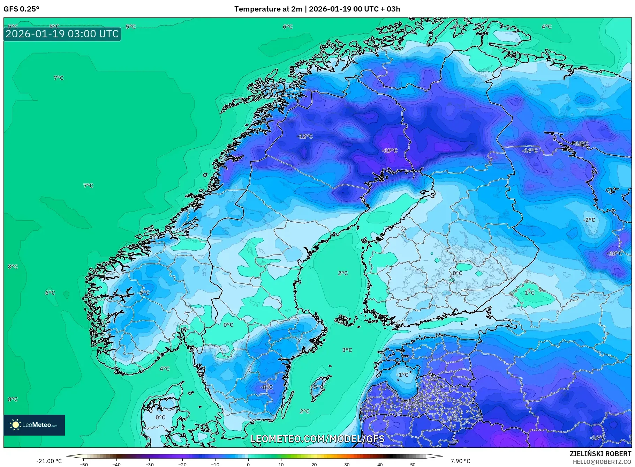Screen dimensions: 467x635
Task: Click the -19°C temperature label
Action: tap(390, 150)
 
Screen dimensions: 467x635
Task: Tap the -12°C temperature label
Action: tap(305, 136)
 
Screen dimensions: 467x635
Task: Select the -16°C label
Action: tap(597, 438)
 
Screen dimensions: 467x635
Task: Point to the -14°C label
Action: tap(529, 150)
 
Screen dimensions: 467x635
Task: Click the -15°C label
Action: tap(580, 143)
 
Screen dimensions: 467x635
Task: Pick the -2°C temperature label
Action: tap(589, 220)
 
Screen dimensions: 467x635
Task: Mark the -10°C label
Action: tap(614, 253)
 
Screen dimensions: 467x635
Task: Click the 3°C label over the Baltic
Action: tap(347, 350)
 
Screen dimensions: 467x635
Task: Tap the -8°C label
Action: tap(266, 387)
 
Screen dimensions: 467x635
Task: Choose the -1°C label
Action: tap(402, 375)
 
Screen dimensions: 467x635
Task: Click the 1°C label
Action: tap(529, 292)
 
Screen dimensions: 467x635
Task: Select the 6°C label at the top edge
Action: tap(288, 27)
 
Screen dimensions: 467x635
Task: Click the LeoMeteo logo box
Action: tap(34, 425)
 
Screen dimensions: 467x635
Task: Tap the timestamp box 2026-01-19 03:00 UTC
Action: tap(62, 34)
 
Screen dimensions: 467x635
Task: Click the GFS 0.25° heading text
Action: tap(21, 9)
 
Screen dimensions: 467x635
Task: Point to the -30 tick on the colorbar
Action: tap(149, 465)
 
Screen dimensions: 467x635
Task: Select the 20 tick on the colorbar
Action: tap(314, 465)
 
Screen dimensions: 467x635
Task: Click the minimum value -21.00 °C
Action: tap(49, 461)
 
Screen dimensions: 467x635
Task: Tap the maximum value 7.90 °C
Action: tap(460, 461)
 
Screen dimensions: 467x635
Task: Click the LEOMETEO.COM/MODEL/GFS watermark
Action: tap(317, 439)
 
